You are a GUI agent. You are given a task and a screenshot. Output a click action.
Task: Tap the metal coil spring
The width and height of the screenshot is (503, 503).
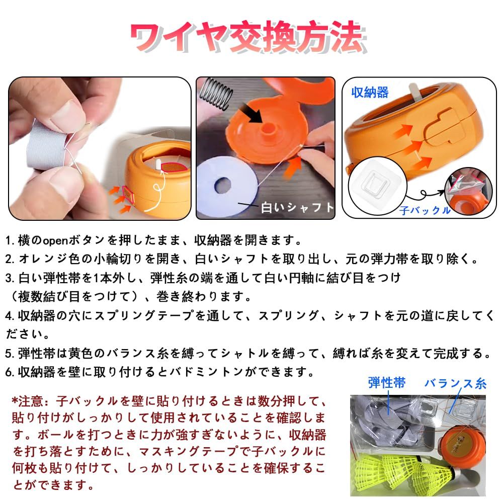click(x=215, y=93)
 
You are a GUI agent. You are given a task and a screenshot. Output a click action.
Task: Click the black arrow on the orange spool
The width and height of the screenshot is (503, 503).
click(x=251, y=113)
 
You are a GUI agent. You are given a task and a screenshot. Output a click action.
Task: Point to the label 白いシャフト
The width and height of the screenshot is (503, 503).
click(x=297, y=208)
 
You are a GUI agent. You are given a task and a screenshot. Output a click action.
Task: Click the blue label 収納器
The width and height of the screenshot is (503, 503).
click(x=370, y=93)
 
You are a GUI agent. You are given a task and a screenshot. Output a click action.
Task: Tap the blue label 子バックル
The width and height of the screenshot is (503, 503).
click(x=425, y=210)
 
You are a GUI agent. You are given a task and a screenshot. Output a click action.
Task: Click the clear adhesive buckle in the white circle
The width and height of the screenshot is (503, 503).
click(x=375, y=182)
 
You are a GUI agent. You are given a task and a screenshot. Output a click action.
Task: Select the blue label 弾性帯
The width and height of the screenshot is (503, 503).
click(x=386, y=383)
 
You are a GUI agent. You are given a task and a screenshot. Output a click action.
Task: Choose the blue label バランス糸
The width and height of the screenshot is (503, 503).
click(x=456, y=383)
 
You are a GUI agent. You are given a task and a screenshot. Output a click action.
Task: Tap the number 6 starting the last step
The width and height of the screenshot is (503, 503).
click(x=9, y=372)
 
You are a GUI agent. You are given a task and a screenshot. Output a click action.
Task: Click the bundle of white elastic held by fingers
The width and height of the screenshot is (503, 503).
click(x=48, y=145)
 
